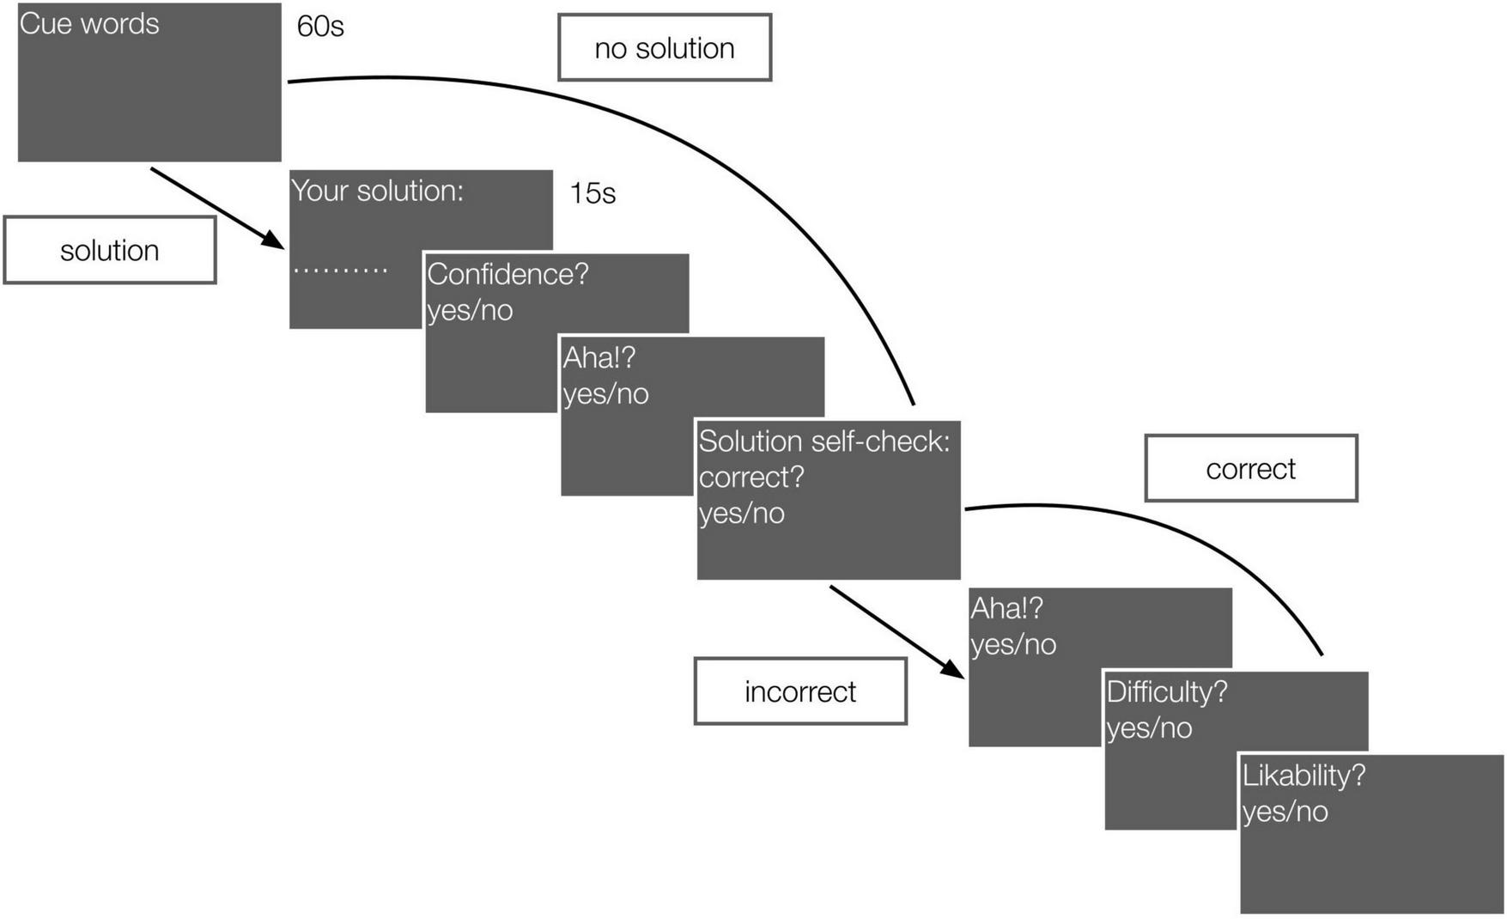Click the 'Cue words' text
point(89,24)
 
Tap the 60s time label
point(320,27)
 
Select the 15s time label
point(592,193)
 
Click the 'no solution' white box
point(665,48)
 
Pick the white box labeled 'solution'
point(110,251)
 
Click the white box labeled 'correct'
point(1250,469)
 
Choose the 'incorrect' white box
point(799,691)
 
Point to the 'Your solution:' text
point(377,191)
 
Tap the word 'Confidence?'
point(507,274)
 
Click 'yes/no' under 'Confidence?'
point(470,310)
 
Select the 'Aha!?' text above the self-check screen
point(599,357)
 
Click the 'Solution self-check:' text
point(823,441)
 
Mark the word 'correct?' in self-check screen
point(751,478)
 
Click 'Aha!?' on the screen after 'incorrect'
point(1006,608)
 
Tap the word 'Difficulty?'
point(1166,691)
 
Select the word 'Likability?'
point(1303,776)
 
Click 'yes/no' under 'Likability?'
point(1285,812)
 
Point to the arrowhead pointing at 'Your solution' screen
point(273,240)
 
